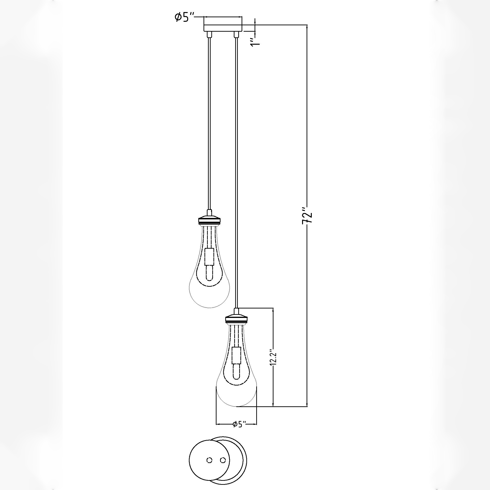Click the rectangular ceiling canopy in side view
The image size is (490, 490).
pyautogui.click(x=223, y=28)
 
